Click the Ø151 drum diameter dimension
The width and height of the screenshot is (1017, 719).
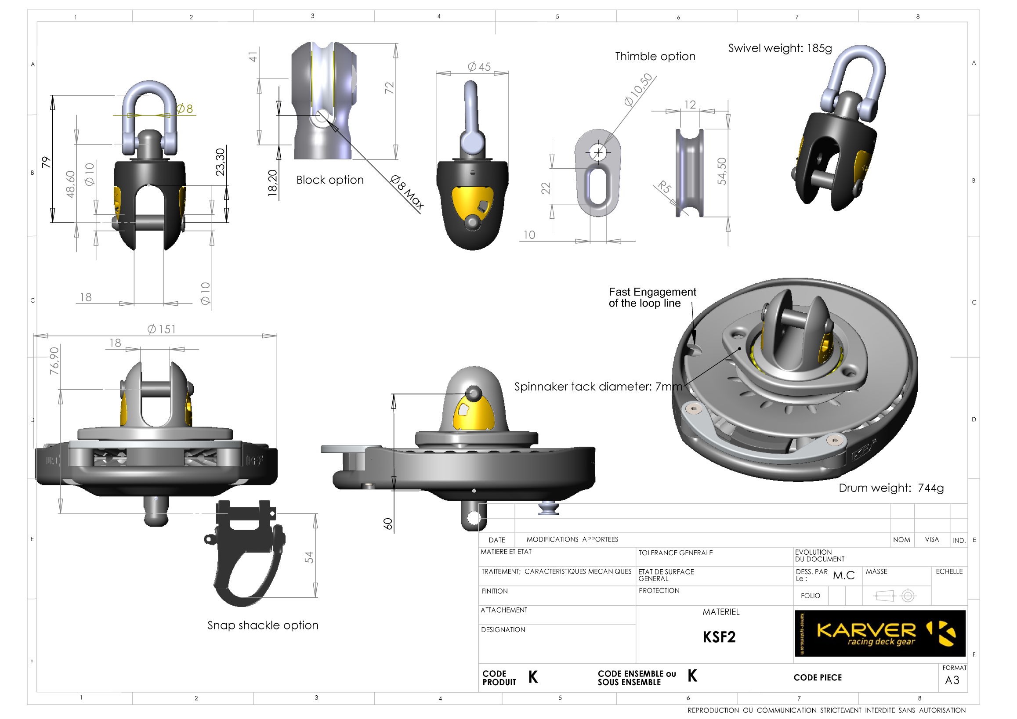(162, 329)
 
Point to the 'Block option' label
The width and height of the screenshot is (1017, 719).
(329, 180)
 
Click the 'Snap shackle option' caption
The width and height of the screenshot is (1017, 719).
(263, 625)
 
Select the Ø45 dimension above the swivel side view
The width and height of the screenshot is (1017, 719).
(479, 66)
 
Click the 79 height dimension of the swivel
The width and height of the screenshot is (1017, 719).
(46, 162)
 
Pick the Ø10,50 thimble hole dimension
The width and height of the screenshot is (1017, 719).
(638, 90)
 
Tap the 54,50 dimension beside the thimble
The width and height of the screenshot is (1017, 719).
(721, 171)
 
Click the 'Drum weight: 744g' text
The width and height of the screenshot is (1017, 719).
(891, 488)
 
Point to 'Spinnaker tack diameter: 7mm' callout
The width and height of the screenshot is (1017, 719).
(597, 387)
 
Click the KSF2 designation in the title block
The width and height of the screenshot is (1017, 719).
(718, 637)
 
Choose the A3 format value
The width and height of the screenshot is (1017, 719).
(952, 680)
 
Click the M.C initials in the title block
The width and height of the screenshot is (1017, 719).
(843, 575)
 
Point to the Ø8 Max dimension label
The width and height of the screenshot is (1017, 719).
(407, 192)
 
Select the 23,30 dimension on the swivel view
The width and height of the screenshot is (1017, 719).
(220, 162)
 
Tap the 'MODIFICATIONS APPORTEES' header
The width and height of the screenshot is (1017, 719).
(572, 539)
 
